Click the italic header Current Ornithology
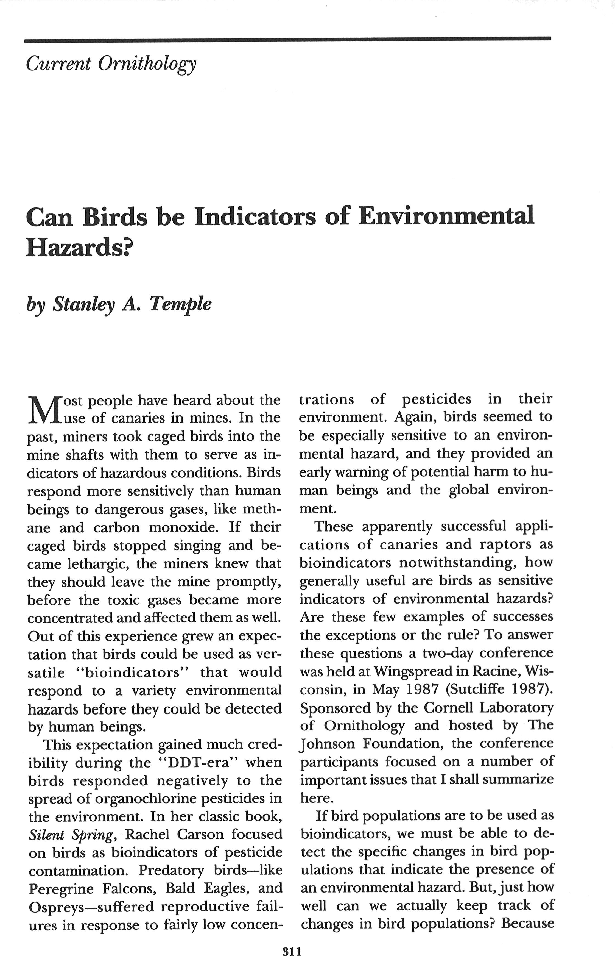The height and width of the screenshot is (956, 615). pyautogui.click(x=111, y=64)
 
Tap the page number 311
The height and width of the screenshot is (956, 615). pyautogui.click(x=292, y=940)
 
